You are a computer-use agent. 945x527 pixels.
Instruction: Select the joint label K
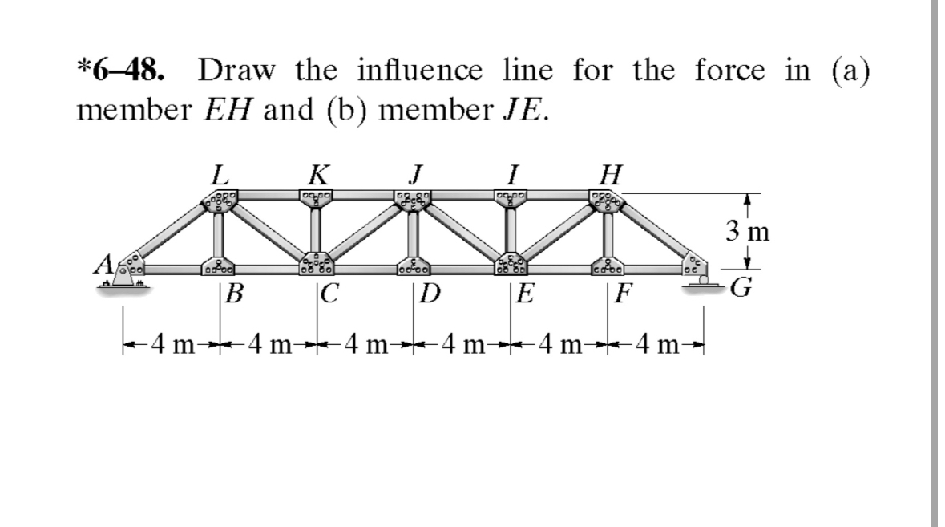click(x=317, y=174)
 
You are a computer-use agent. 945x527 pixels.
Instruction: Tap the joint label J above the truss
click(x=414, y=174)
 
